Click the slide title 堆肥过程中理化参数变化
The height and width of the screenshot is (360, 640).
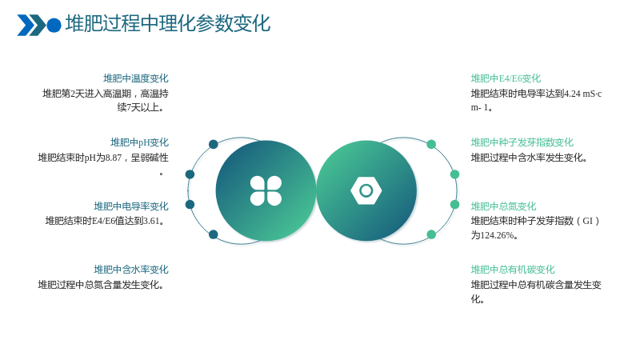pos(168,23)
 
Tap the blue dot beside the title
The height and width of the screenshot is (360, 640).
pos(54,25)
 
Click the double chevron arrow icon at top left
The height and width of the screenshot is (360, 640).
pos(31,25)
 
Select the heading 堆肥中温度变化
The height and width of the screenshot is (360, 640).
pos(135,78)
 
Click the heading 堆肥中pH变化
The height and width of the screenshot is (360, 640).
pos(139,142)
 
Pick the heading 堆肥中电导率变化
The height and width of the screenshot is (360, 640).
pos(131,206)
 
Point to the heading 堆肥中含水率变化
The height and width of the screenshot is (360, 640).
pos(131,270)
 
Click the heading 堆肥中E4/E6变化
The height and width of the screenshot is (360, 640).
pos(506,78)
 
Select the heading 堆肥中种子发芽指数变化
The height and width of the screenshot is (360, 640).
pos(522,142)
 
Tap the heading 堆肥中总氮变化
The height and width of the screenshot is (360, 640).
pos(503,206)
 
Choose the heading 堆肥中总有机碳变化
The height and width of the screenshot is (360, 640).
pos(513,270)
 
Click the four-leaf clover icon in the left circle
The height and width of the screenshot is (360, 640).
pos(266,190)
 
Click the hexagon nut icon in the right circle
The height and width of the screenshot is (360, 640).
pos(366,190)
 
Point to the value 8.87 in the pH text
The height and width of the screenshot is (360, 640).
pos(114,158)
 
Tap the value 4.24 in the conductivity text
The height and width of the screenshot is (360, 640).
pos(572,94)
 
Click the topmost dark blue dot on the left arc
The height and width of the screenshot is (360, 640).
pos(213,144)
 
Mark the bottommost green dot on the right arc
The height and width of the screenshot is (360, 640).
pos(431,234)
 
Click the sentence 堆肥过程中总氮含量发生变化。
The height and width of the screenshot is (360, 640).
pos(101,285)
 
